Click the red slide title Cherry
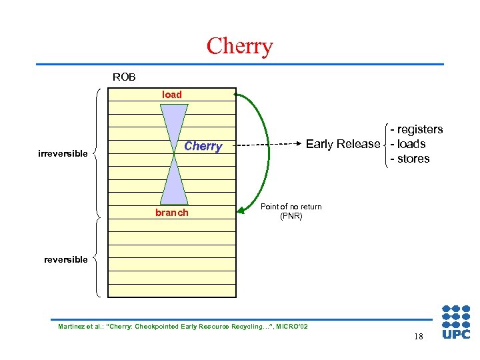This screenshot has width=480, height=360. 239,46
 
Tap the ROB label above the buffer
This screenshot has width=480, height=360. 124,77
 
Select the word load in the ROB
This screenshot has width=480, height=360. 171,95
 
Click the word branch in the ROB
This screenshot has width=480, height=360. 171,213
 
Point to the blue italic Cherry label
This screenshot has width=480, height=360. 203,146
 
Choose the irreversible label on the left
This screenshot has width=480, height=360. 63,154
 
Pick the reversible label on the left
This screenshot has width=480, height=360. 65,259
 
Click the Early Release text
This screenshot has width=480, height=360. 343,144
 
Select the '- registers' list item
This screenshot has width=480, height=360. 417,129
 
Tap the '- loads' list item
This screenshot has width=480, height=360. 408,144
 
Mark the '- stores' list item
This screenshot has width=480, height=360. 410,159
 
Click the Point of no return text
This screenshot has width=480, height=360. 291,207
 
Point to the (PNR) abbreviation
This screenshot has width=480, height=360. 291,216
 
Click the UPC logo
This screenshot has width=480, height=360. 456,322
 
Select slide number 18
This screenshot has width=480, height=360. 418,337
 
